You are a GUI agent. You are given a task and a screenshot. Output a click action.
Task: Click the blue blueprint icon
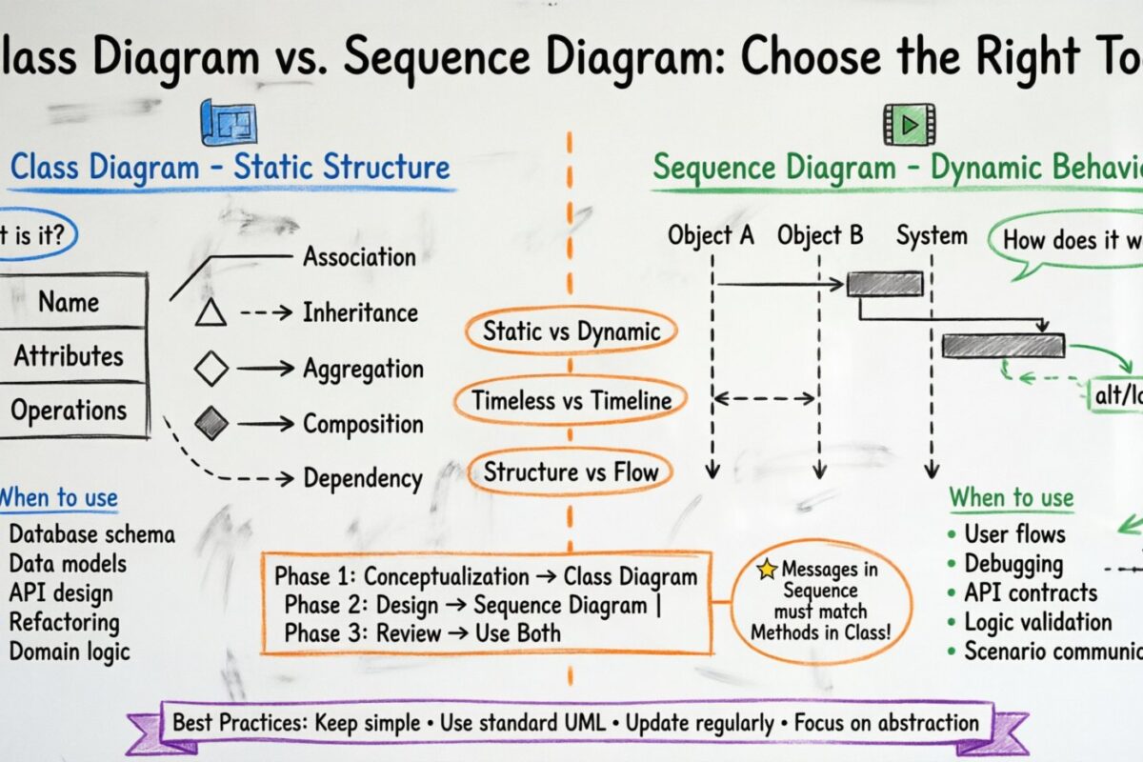(228, 122)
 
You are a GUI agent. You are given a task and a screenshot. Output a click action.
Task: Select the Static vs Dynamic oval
(571, 331)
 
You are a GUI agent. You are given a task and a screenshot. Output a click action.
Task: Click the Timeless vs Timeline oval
(572, 401)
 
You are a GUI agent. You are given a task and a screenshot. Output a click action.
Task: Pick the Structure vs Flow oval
(571, 471)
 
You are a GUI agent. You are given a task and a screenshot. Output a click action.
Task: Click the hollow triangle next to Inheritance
(211, 312)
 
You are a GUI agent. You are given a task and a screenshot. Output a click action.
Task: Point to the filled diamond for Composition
(211, 423)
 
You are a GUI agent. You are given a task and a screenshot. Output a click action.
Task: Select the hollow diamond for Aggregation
(211, 368)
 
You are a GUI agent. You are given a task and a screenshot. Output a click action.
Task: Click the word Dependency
(362, 478)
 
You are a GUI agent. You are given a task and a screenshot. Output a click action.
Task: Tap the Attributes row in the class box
(69, 356)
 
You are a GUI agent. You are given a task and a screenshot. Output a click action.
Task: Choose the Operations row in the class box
(69, 411)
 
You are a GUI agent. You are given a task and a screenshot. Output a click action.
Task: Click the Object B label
(819, 235)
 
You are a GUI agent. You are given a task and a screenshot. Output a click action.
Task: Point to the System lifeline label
(931, 235)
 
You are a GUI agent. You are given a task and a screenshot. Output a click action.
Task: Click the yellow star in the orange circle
(767, 570)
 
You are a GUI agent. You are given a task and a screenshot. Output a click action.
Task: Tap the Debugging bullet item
(1012, 563)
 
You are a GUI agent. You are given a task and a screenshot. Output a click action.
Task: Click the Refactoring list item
(64, 622)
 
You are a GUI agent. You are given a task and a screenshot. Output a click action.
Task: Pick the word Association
(359, 256)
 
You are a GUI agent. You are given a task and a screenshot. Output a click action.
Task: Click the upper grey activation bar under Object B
(885, 283)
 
